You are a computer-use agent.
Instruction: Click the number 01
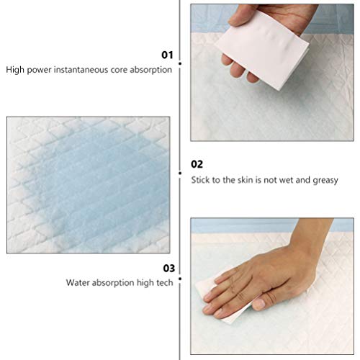[167, 54]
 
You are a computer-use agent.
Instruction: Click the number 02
[197, 164]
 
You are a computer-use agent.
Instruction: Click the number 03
[167, 268]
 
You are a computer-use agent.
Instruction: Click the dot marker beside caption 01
[179, 63]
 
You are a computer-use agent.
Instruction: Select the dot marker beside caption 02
[179, 171]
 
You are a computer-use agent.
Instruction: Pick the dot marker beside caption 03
[179, 277]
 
